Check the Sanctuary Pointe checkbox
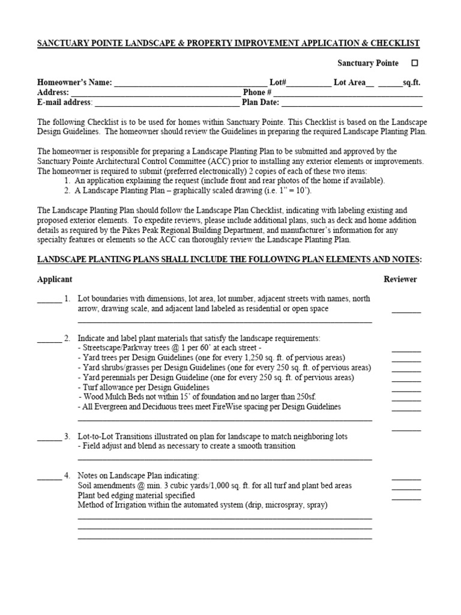[x=415, y=63]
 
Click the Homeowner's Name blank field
[x=190, y=83]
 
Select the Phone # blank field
[x=348, y=93]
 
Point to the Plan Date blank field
[x=348, y=103]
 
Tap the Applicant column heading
[x=55, y=279]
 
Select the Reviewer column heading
[x=400, y=279]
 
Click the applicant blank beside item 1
[x=49, y=300]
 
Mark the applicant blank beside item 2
[x=49, y=339]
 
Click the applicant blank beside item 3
[x=49, y=437]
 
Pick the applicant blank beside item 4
[x=49, y=476]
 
